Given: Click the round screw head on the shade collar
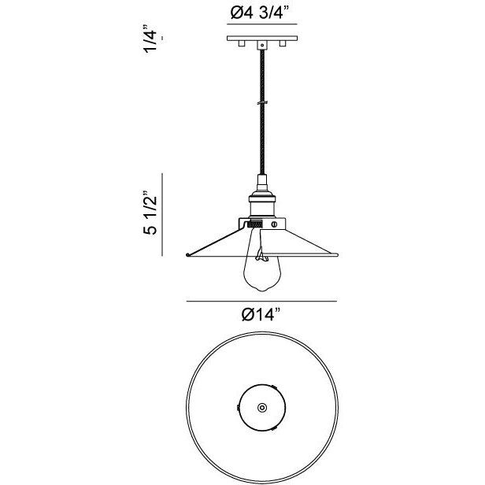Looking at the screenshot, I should pyautogui.click(x=274, y=224).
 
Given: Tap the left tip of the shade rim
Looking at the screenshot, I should pyautogui.click(x=187, y=254).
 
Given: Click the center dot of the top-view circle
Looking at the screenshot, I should pyautogui.click(x=261, y=407).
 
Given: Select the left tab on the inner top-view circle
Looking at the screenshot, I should pyautogui.click(x=240, y=409).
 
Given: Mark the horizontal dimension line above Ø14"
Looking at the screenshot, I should pyautogui.click(x=260, y=300).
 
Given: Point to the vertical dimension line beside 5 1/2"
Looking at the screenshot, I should pyautogui.click(x=163, y=213).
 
